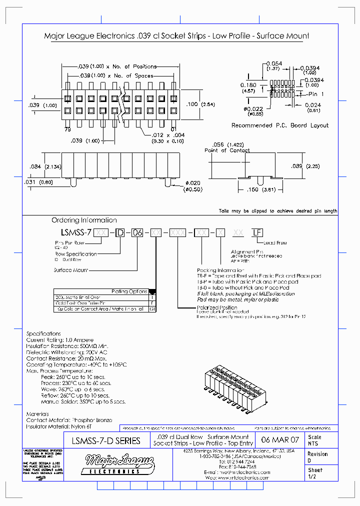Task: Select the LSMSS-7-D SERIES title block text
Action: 106,441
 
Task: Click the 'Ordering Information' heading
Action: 84,220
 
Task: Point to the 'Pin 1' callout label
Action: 316,94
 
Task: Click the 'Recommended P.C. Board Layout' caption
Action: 280,125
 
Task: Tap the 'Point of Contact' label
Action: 227,150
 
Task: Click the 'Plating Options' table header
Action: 129,291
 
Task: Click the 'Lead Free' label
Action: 274,242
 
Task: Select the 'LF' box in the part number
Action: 257,232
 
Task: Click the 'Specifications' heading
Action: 43,333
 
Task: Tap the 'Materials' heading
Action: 37,414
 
